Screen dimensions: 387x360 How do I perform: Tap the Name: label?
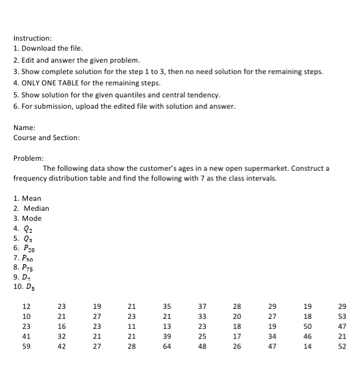(25, 127)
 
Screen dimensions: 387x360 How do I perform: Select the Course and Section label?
(46, 138)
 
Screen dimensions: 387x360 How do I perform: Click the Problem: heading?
(29, 157)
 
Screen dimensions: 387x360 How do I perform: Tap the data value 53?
(341, 317)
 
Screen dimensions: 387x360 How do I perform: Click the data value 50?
(307, 327)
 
